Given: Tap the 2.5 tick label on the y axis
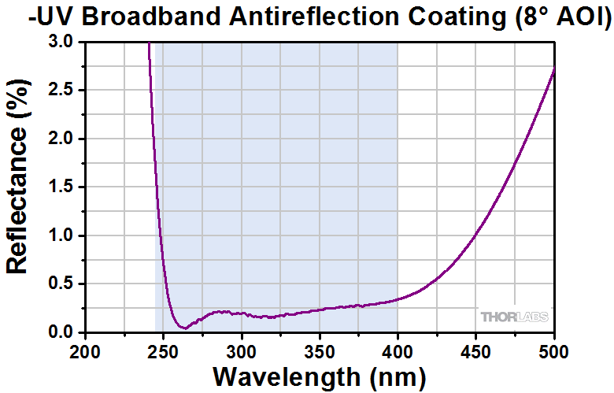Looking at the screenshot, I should pos(61,91).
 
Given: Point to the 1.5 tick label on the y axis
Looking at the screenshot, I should pos(61,187).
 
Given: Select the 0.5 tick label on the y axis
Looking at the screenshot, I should pos(61,284).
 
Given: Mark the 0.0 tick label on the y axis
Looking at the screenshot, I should pos(61,332).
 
